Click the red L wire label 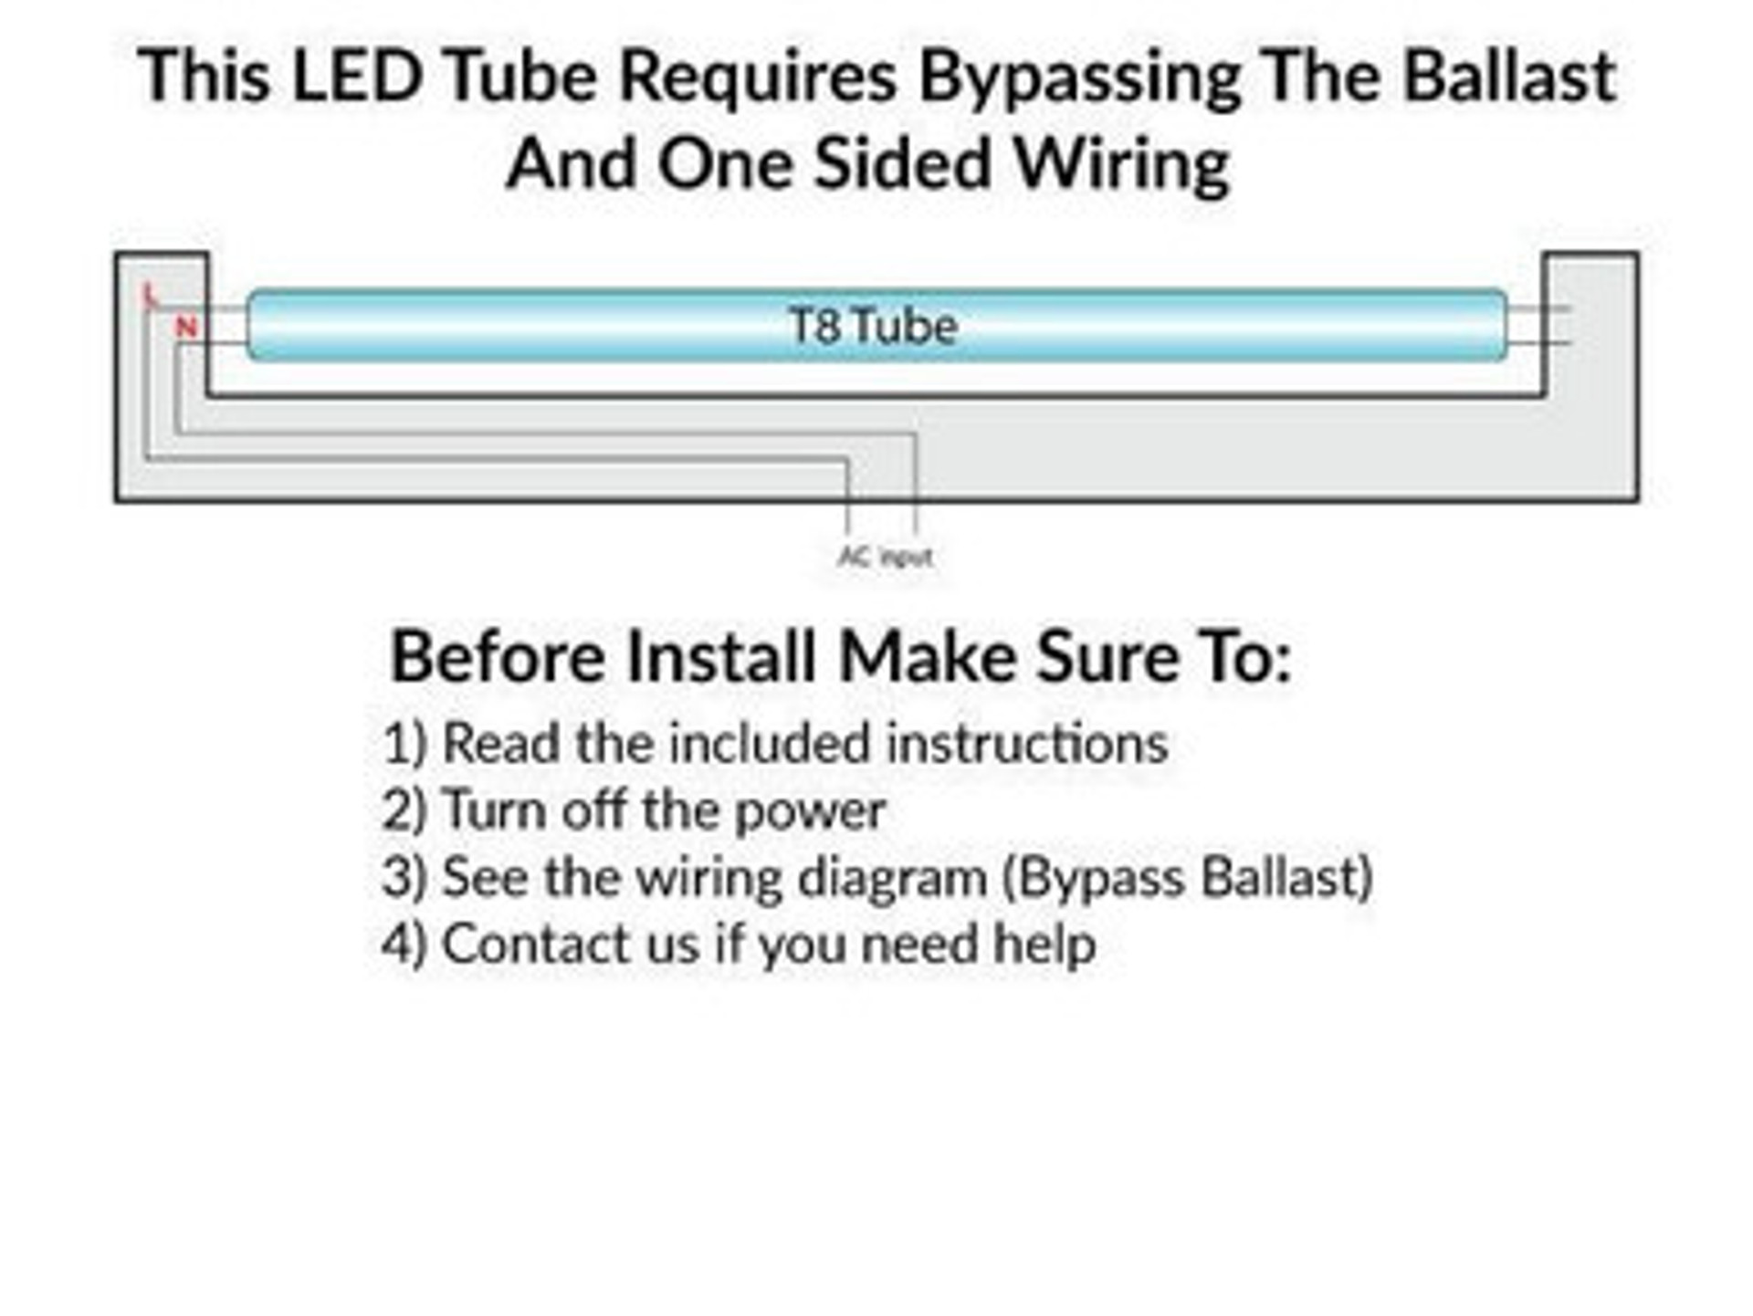click(151, 295)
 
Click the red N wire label click(187, 327)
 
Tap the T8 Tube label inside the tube click(873, 327)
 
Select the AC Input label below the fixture click(886, 556)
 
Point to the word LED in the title click(358, 75)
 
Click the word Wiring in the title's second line click(1123, 166)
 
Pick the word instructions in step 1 click(1028, 743)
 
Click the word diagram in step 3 click(893, 879)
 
